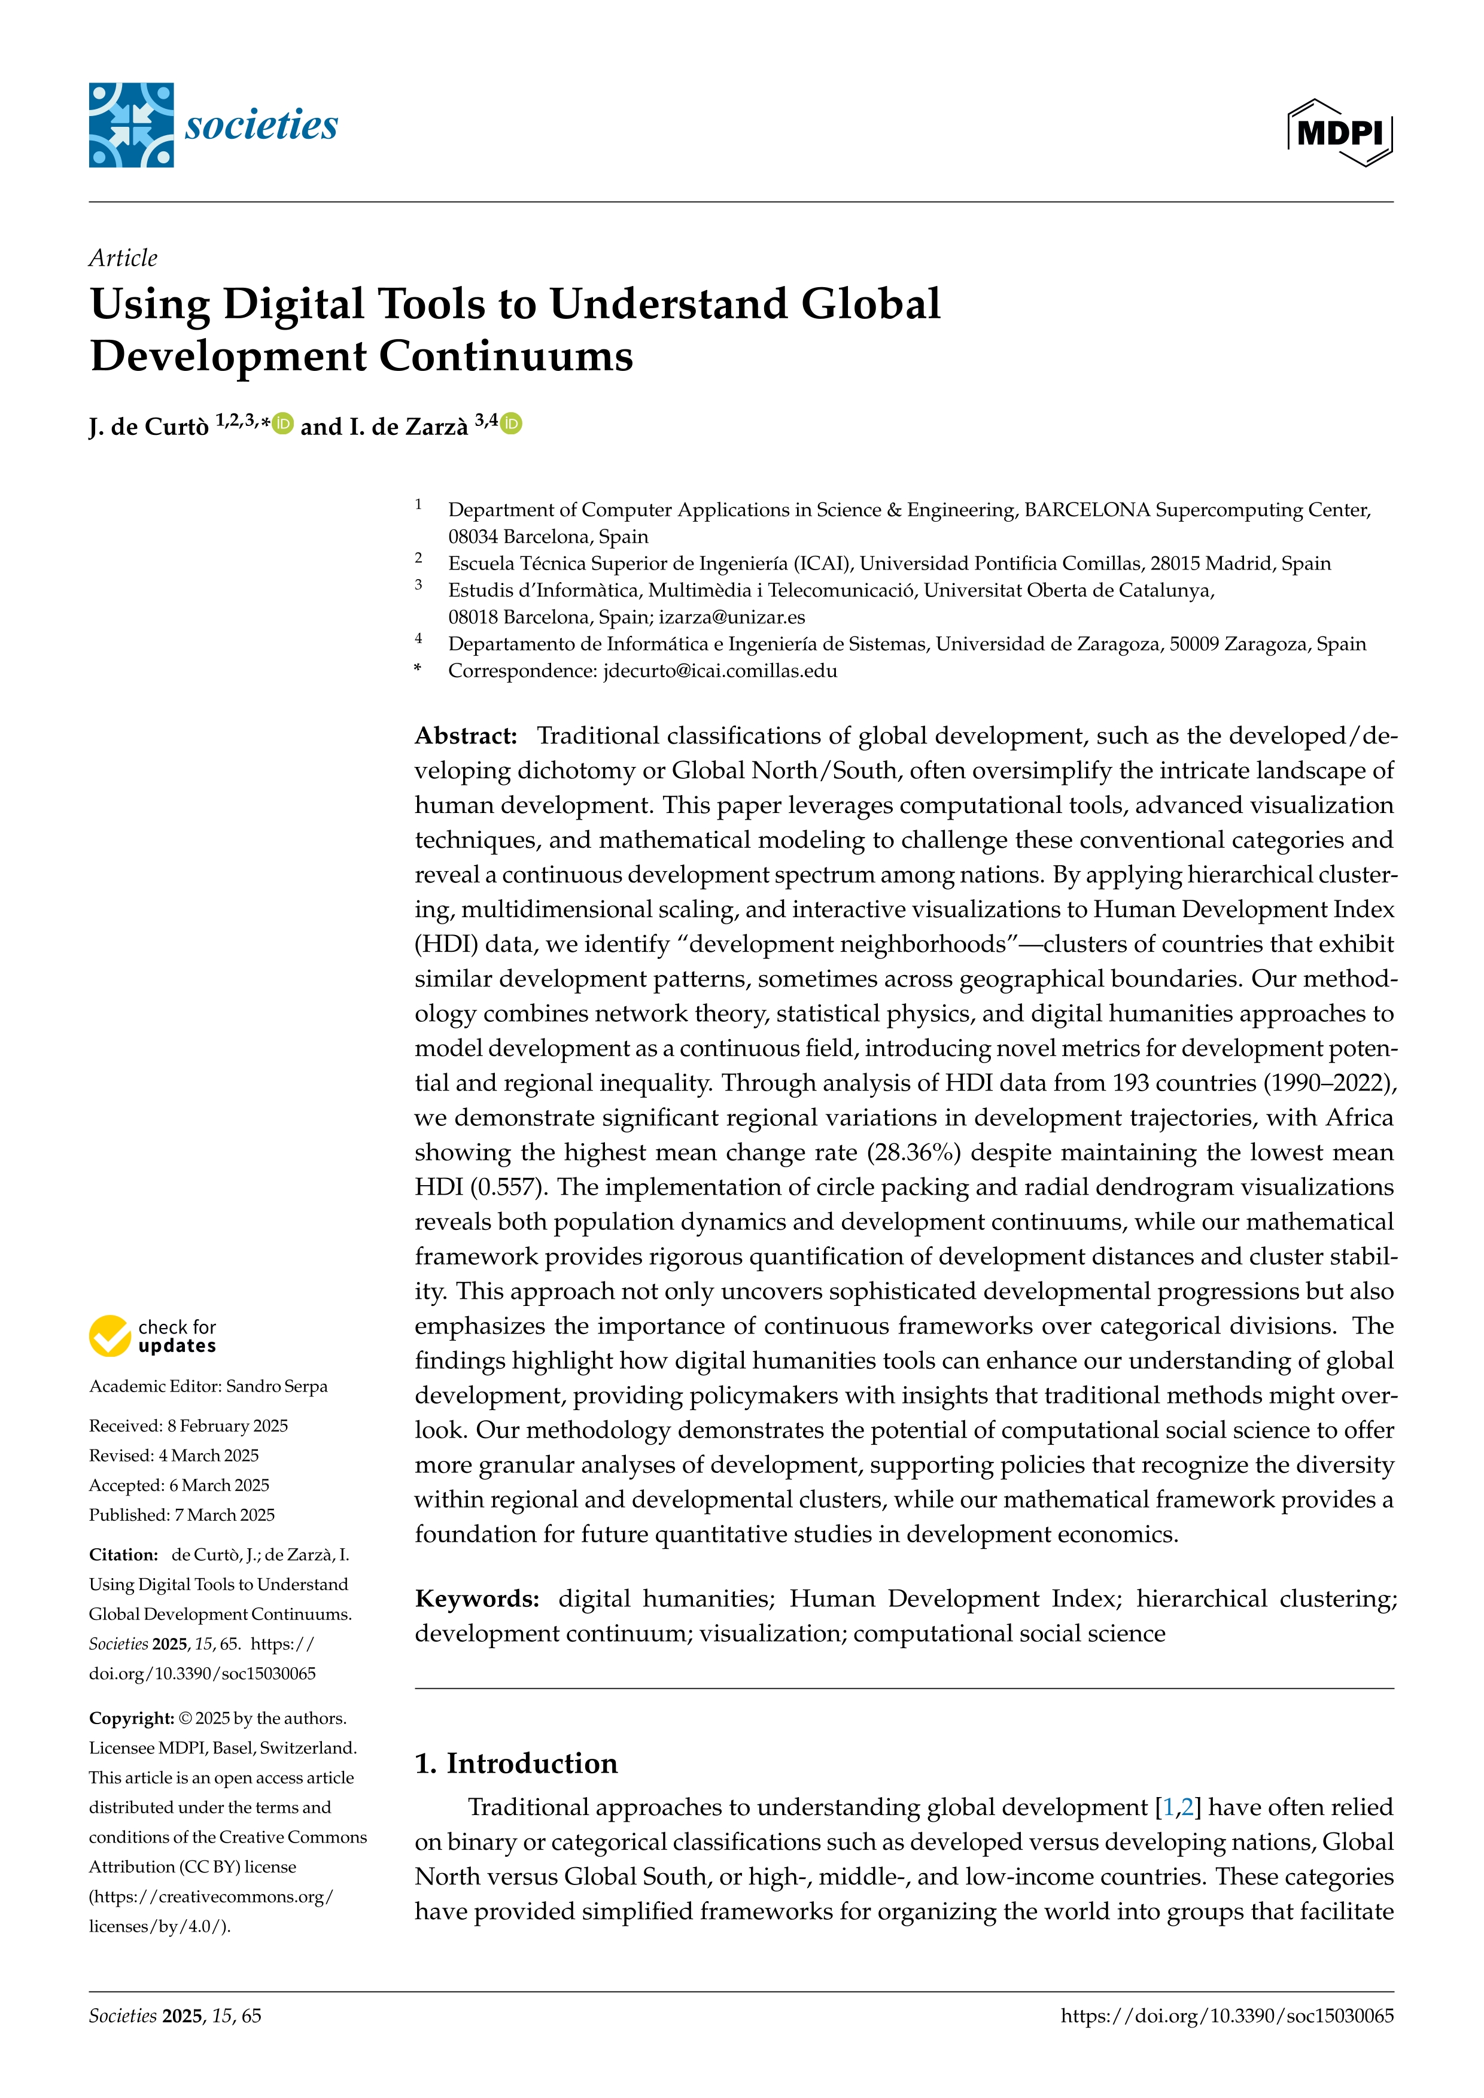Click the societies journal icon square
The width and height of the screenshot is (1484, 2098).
pyautogui.click(x=130, y=125)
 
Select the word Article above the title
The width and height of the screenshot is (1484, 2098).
pyautogui.click(x=123, y=258)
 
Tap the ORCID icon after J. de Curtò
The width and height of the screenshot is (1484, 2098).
pyautogui.click(x=283, y=424)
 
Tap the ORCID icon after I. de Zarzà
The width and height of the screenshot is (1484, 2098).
pyautogui.click(x=512, y=424)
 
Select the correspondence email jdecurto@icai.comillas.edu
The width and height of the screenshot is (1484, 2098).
pyautogui.click(x=720, y=671)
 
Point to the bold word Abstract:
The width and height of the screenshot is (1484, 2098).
pyautogui.click(x=466, y=736)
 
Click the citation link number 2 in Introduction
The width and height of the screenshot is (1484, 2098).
pyautogui.click(x=1187, y=1807)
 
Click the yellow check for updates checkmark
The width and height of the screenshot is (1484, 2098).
pyautogui.click(x=110, y=1336)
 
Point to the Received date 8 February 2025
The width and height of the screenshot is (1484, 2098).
pyautogui.click(x=227, y=1426)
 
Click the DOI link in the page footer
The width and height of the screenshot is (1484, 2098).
pyautogui.click(x=1227, y=2016)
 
